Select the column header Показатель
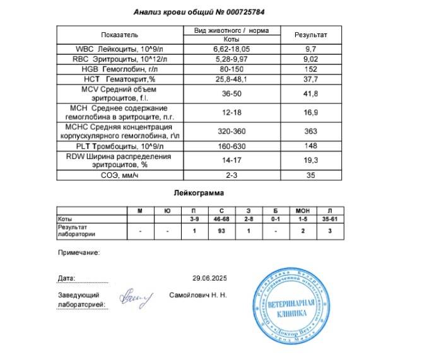click(119, 34)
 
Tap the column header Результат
click(310, 34)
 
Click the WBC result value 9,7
click(310, 49)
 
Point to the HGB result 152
click(310, 69)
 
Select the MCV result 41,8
click(310, 94)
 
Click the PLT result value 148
click(310, 146)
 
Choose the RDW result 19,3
click(310, 160)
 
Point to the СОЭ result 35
click(310, 175)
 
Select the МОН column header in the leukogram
click(302, 210)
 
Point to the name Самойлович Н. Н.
click(198, 294)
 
